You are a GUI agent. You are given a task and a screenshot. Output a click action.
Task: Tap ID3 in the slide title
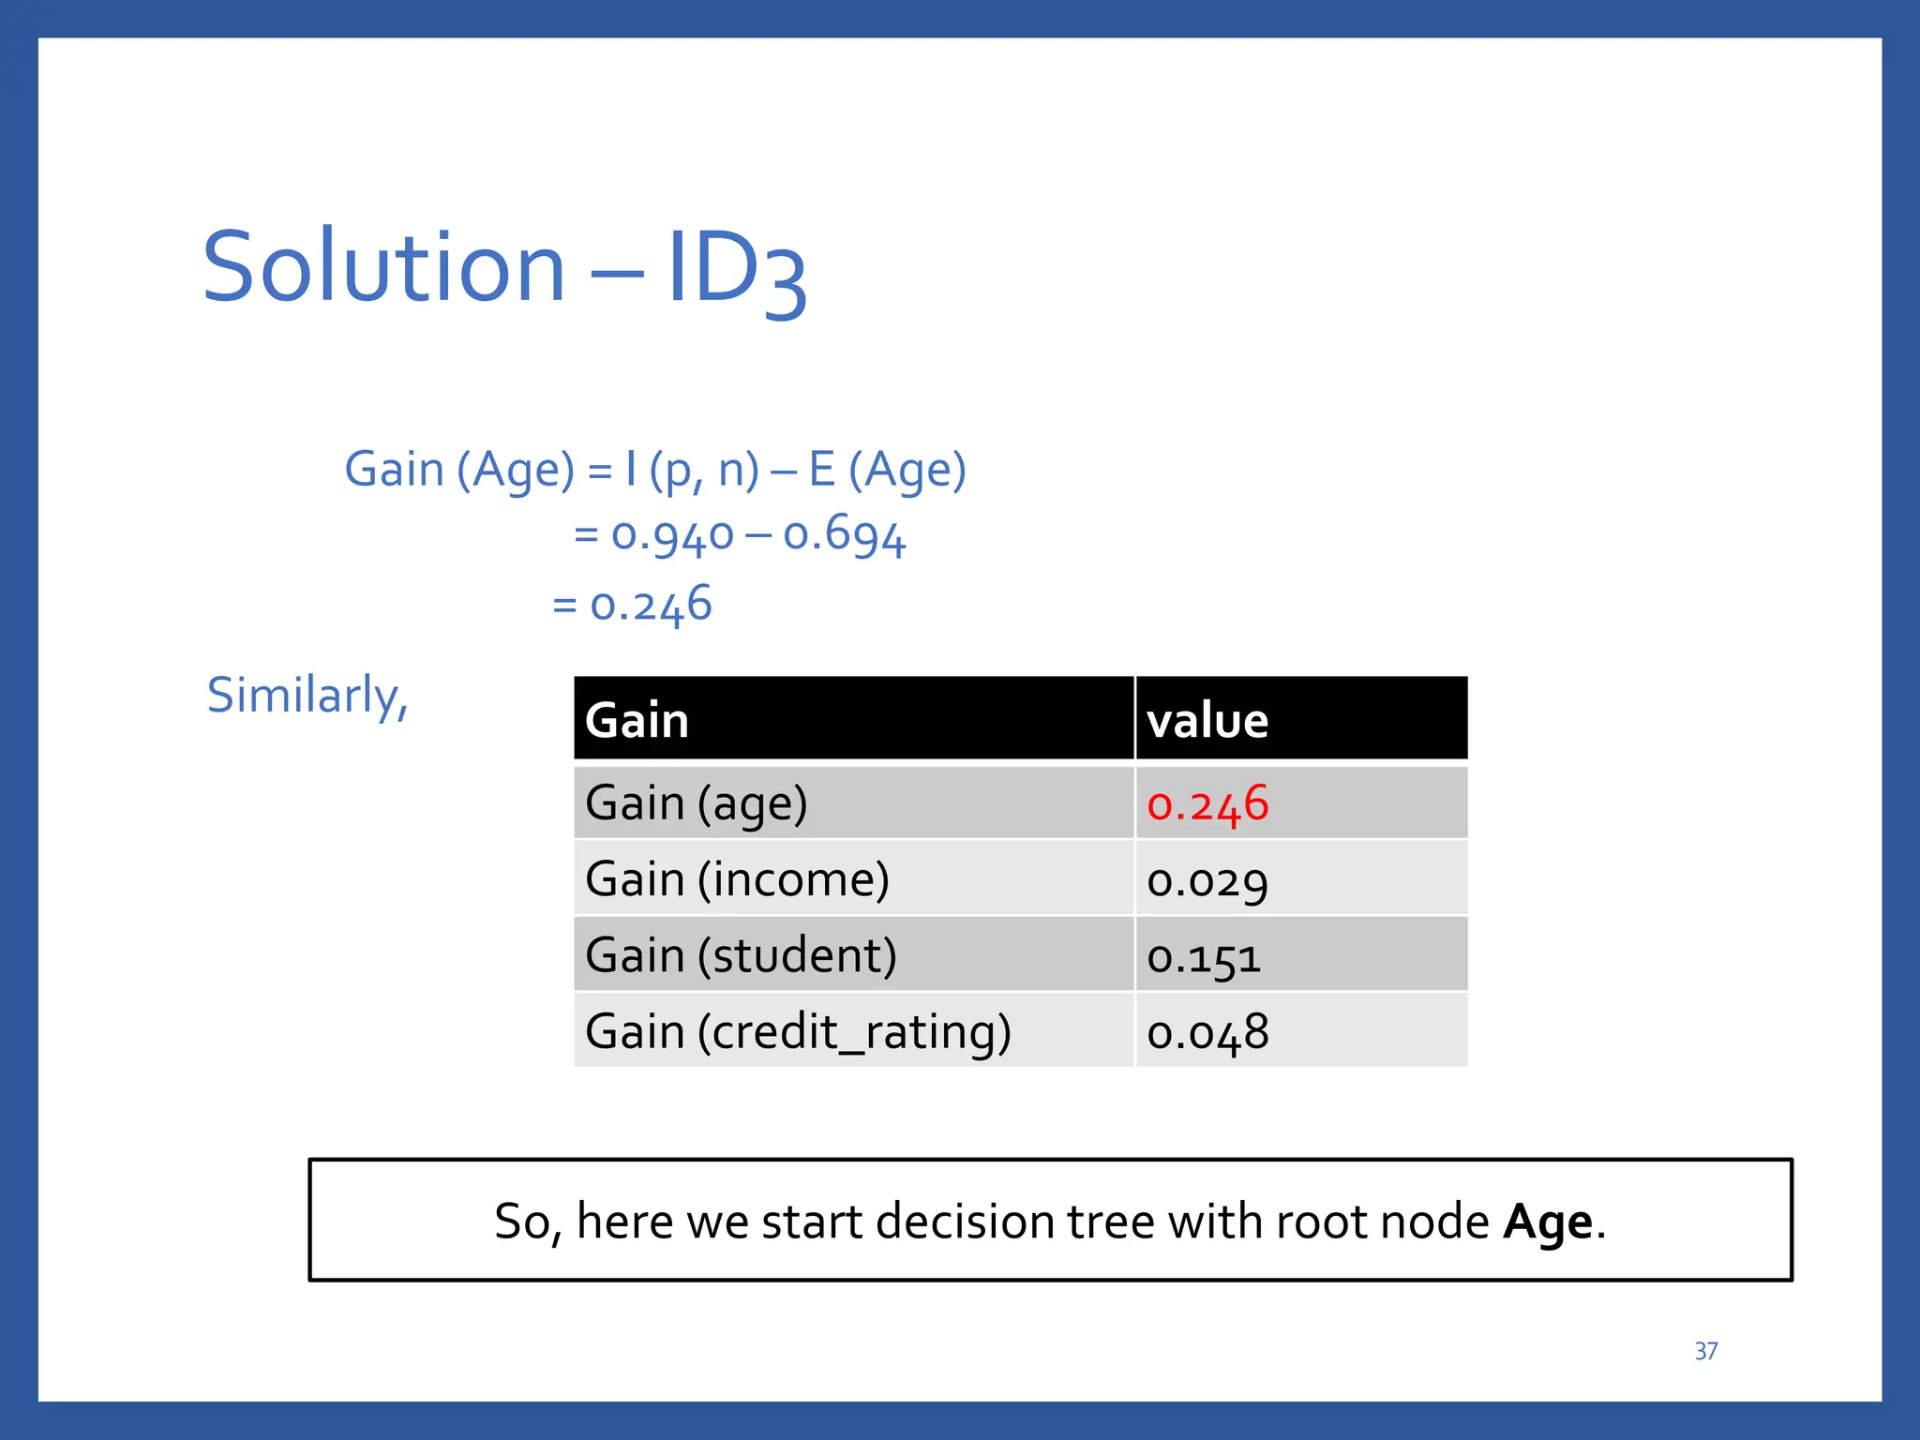coord(736,272)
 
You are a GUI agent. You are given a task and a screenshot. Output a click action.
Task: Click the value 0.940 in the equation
coord(672,536)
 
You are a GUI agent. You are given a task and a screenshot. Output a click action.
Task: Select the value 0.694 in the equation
coord(845,536)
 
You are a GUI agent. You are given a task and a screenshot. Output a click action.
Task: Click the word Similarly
coord(307,696)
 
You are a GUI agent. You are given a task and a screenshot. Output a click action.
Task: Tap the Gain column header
coord(637,720)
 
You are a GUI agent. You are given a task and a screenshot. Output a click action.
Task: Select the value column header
coord(1207,720)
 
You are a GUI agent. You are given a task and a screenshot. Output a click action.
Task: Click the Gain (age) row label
coord(696,803)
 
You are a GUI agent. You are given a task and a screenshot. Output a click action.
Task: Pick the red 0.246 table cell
coord(1207,804)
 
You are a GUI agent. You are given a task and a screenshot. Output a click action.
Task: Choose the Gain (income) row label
coord(737,879)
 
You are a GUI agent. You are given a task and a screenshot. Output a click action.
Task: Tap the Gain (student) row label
coord(741,955)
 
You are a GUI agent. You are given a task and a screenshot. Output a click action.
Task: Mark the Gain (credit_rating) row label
coord(798,1032)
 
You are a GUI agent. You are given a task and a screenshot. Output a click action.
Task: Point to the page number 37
coord(1705,1351)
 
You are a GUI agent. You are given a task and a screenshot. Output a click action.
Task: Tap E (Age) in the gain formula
coord(887,470)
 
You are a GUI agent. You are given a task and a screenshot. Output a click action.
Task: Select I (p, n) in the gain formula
coord(692,470)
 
